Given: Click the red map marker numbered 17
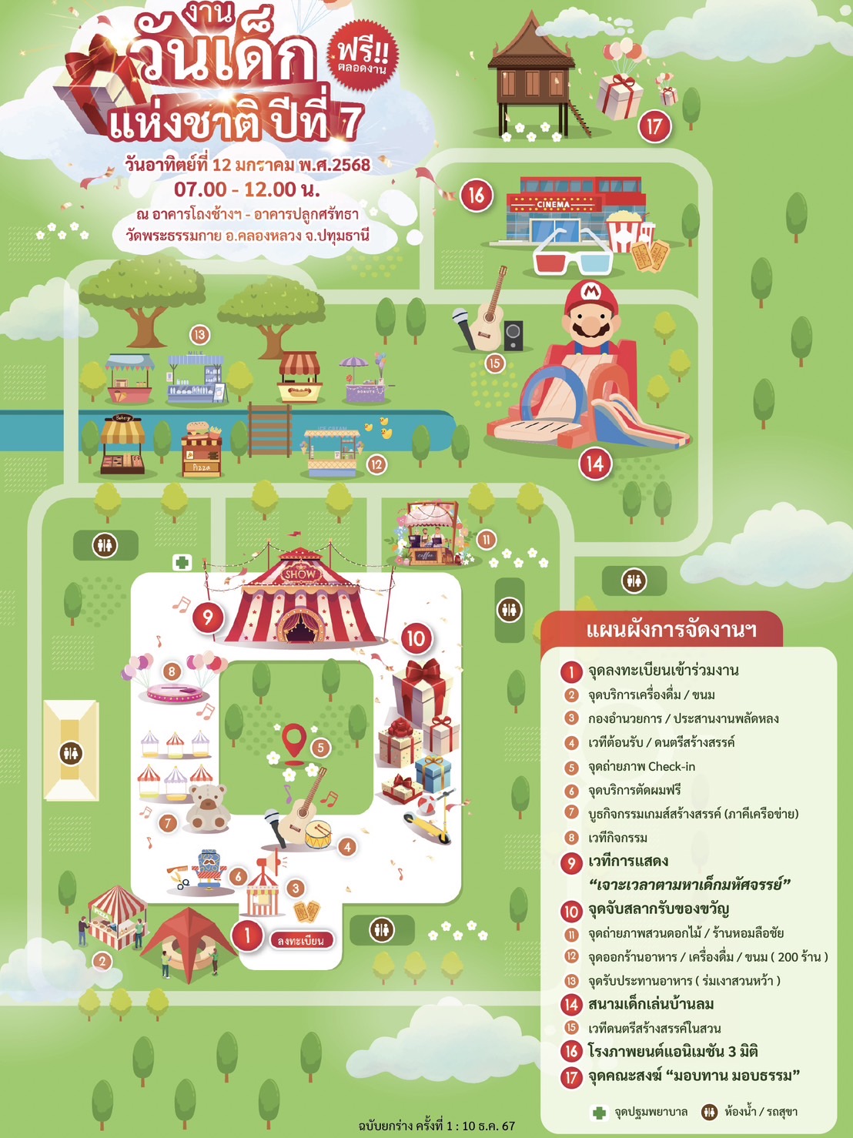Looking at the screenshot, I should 654,126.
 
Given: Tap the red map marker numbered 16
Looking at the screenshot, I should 477,195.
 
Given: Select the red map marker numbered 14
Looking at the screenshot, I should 595,464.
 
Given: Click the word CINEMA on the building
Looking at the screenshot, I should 554,205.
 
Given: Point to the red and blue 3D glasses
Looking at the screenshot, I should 573,253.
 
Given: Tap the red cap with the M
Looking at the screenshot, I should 589,293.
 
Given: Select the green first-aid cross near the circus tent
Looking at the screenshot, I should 182,562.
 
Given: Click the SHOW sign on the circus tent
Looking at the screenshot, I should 299,574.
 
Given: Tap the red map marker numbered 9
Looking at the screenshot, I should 207,616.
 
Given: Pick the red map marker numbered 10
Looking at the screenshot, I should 416,638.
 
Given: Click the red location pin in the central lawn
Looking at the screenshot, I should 294,740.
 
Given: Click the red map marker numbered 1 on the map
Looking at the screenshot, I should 247,936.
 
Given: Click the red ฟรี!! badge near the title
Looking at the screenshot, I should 362,54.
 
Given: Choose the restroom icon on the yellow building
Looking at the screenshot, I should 71,751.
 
